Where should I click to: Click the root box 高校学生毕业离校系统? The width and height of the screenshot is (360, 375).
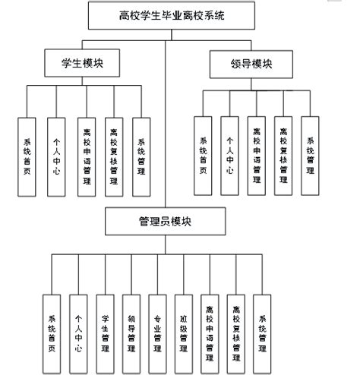(x=167, y=14)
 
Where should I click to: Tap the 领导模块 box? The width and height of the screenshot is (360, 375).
(x=250, y=65)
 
